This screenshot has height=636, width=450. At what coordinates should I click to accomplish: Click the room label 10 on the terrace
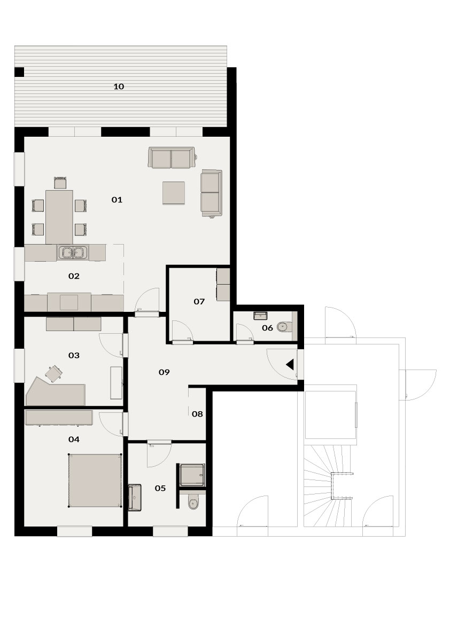(x=119, y=87)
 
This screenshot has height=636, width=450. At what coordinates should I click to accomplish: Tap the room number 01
(x=117, y=200)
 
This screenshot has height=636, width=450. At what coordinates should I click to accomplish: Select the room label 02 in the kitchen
(x=74, y=276)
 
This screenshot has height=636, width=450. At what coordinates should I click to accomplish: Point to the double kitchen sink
(x=73, y=253)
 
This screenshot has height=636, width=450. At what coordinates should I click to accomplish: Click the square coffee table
(x=174, y=193)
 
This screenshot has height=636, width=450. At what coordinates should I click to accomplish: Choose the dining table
(x=59, y=217)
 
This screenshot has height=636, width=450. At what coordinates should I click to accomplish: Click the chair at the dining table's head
(x=60, y=183)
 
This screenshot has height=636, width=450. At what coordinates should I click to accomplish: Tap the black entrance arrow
(x=290, y=365)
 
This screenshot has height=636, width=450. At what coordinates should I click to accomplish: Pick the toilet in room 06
(x=283, y=326)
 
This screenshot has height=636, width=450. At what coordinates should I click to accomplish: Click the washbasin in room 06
(x=260, y=315)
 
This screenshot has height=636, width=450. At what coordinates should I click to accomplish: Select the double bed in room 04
(x=95, y=481)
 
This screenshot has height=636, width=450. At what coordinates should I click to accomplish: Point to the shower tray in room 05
(x=192, y=475)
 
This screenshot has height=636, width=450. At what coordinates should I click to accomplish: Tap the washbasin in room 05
(x=134, y=498)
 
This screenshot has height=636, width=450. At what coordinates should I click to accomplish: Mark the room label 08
(x=197, y=414)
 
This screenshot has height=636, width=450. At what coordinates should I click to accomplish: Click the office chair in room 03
(x=53, y=373)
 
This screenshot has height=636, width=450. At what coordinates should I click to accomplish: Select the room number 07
(x=199, y=301)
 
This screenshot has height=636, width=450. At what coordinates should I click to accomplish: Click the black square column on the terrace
(x=19, y=72)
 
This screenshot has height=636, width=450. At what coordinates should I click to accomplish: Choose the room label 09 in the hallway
(x=164, y=372)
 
